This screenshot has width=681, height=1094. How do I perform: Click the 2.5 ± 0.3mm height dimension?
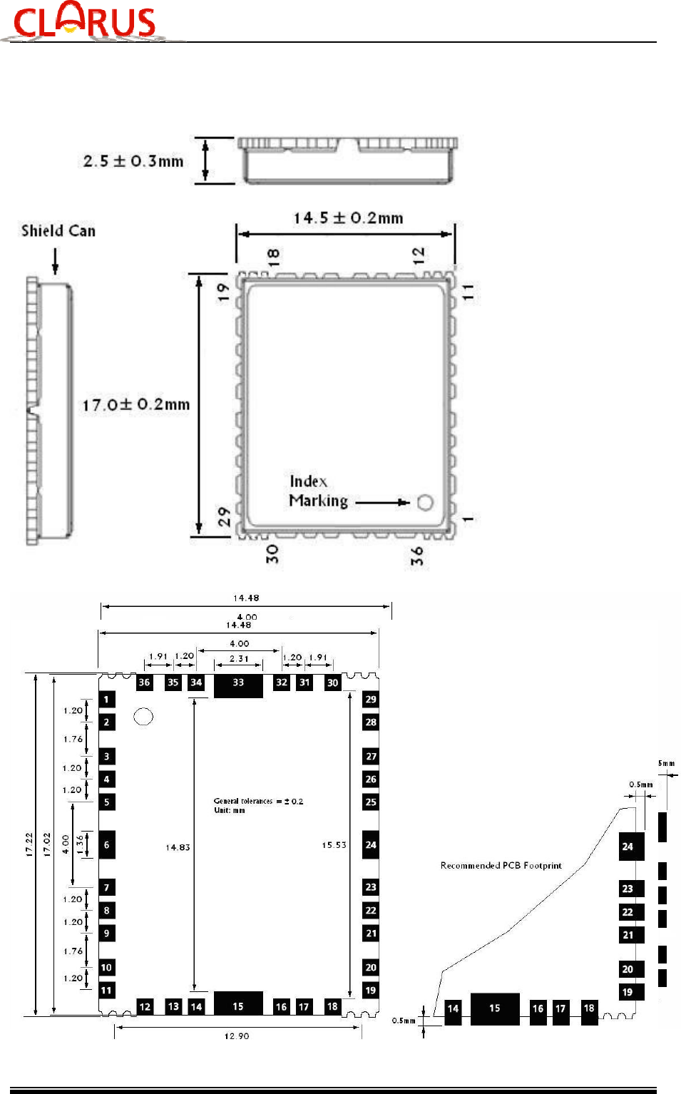tap(133, 161)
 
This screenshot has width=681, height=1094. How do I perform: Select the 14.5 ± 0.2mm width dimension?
tap(348, 218)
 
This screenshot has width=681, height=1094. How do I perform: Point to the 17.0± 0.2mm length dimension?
tap(136, 405)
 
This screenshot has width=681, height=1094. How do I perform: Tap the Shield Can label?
tap(58, 231)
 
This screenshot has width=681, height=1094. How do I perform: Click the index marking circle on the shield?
tap(425, 503)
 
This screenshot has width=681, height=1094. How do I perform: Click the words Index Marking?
tap(318, 491)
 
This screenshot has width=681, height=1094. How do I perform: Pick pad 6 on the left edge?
tap(107, 845)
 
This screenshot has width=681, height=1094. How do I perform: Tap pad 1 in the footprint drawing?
tap(107, 700)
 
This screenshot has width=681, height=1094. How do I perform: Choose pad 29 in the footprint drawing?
tap(371, 700)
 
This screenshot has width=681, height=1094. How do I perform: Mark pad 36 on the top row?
tap(144, 683)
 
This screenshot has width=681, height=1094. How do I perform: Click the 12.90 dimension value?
tap(237, 1036)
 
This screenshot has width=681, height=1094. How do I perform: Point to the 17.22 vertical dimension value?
tap(29, 844)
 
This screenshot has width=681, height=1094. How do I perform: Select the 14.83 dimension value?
tap(178, 848)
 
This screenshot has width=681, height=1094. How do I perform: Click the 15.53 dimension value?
tap(334, 845)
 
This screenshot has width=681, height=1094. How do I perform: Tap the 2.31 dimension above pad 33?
tap(239, 659)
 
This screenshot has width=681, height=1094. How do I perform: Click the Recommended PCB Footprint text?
tap(501, 866)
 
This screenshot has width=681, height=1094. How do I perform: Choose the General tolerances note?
tap(258, 805)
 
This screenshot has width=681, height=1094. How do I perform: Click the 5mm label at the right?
tap(666, 764)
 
